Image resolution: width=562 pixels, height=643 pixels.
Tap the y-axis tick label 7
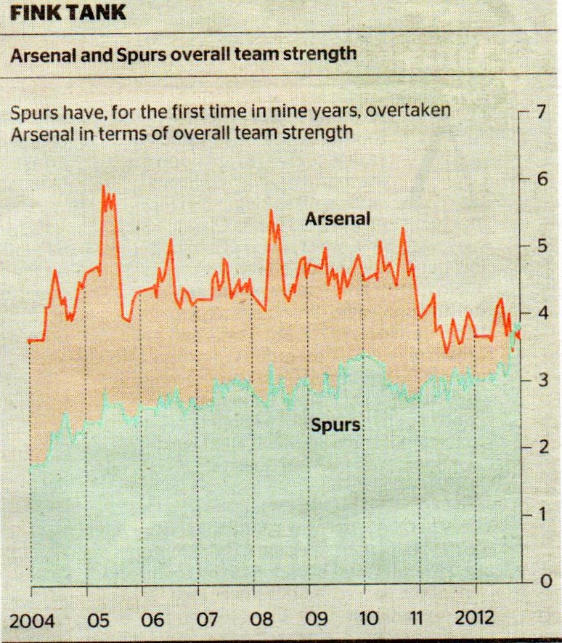click(x=539, y=113)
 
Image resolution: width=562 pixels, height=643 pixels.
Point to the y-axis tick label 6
click(x=539, y=179)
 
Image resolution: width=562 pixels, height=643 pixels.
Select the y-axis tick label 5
click(x=539, y=246)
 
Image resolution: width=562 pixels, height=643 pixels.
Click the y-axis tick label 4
click(x=539, y=313)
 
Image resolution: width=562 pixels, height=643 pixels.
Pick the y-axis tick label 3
click(x=539, y=380)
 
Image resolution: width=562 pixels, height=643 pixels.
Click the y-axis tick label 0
click(x=539, y=581)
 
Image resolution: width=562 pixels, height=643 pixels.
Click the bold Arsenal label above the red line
click(x=338, y=219)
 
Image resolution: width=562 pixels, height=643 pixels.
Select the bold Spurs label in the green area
click(x=335, y=425)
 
